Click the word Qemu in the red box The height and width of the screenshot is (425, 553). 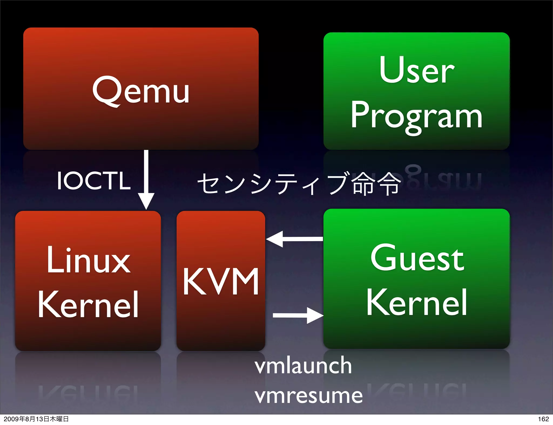click(141, 91)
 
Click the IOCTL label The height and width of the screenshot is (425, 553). click(94, 181)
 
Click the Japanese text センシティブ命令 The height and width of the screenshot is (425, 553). click(299, 183)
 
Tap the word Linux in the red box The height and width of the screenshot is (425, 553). click(88, 260)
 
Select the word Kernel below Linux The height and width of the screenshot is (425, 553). click(88, 305)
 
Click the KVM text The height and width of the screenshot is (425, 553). click(221, 282)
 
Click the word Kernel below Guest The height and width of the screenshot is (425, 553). click(417, 303)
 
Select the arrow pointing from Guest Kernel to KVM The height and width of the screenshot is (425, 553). click(294, 239)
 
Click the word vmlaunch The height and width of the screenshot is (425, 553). click(303, 366)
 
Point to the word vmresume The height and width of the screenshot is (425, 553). click(309, 396)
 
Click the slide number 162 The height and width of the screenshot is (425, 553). click(543, 419)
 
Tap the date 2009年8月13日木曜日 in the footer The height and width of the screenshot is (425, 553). click(36, 419)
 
